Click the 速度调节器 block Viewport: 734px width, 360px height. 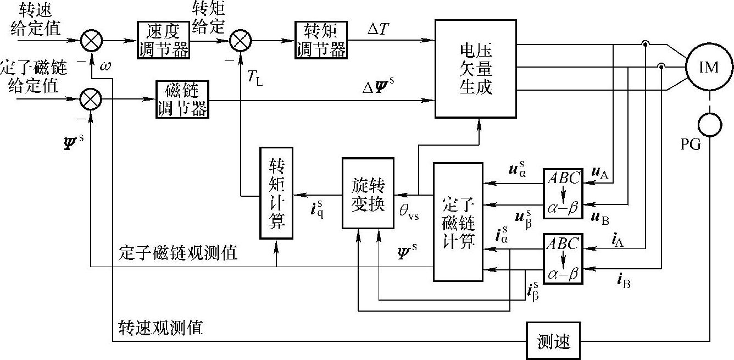(x=163, y=40)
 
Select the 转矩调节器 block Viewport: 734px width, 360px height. (x=320, y=40)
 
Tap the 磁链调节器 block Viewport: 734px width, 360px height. (x=181, y=99)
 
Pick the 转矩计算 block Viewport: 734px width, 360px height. (x=276, y=192)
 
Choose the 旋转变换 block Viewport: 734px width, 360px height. (x=368, y=192)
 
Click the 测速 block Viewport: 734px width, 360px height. (x=553, y=341)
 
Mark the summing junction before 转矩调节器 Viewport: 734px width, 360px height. (x=240, y=40)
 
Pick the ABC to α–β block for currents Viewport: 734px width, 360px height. (x=563, y=258)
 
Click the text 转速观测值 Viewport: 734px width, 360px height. (x=161, y=328)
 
